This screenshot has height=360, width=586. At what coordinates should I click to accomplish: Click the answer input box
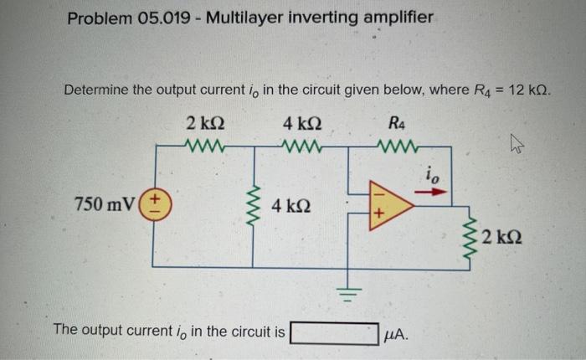[332, 333]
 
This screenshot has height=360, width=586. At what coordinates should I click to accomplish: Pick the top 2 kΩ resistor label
[204, 125]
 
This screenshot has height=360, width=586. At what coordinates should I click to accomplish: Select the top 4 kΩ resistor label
[300, 125]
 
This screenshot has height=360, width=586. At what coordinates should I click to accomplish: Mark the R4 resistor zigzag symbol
[398, 148]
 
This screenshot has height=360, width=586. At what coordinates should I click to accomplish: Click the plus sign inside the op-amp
[378, 215]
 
